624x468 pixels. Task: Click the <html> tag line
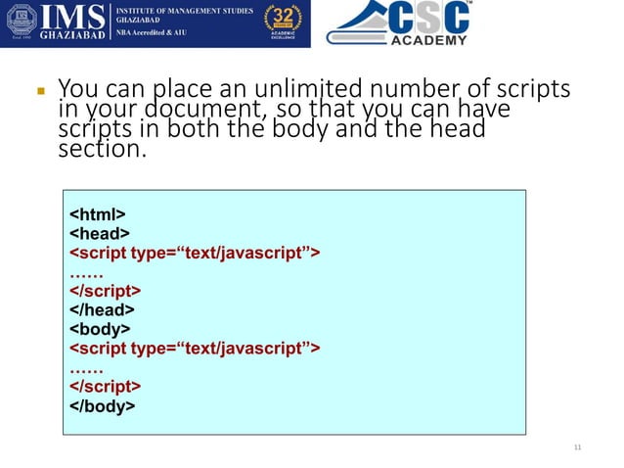[97, 214]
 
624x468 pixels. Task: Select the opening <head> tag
[99, 233]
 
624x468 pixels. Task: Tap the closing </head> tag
[102, 309]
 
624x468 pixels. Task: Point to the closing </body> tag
[103, 405]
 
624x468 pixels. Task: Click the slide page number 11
[577, 447]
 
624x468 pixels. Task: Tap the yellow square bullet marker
[41, 91]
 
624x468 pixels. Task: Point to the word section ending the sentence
[100, 153]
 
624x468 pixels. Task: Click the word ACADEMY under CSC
[428, 40]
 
